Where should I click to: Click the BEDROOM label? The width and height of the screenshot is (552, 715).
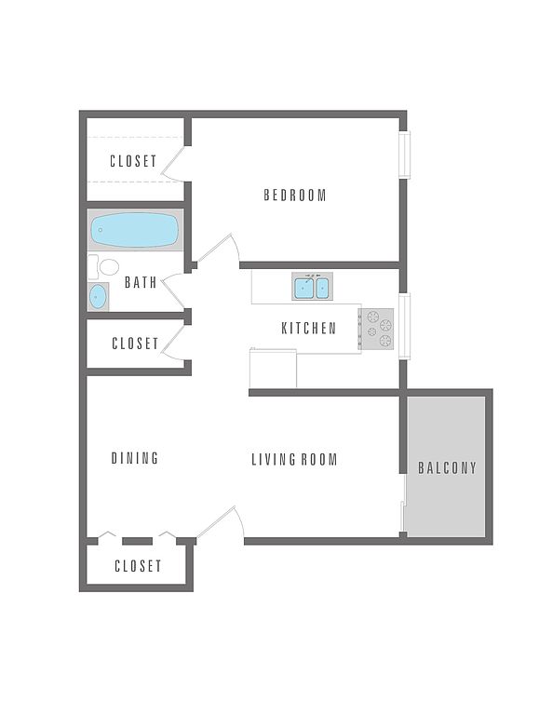tap(295, 196)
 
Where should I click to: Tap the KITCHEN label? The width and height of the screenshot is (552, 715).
tap(309, 329)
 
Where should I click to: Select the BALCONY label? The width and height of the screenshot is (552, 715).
tap(447, 468)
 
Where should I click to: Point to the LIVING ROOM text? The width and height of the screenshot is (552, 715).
tap(294, 459)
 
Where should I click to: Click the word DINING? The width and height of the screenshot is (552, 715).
tap(135, 458)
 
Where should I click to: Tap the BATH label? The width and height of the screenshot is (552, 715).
tap(141, 282)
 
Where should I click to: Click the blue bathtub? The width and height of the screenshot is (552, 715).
tap(134, 230)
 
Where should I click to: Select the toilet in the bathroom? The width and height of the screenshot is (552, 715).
tap(103, 267)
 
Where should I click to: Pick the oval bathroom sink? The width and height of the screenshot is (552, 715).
tap(98, 297)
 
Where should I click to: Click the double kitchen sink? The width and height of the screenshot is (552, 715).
tap(312, 288)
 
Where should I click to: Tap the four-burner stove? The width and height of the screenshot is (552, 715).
tap(376, 329)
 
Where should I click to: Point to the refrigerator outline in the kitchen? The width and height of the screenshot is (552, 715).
tap(273, 369)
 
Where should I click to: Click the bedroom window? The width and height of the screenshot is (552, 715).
tap(405, 155)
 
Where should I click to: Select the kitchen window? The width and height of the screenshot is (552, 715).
tap(405, 326)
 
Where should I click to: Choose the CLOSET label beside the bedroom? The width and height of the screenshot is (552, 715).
tap(133, 161)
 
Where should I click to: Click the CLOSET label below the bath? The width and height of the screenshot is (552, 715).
tap(135, 344)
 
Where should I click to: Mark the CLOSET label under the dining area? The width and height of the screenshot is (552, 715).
tap(138, 566)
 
